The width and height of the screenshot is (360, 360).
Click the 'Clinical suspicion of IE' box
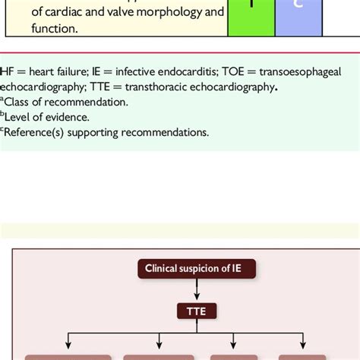(197, 267)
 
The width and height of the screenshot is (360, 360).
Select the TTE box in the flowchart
(197, 310)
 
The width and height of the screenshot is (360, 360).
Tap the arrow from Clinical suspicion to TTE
(197, 289)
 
